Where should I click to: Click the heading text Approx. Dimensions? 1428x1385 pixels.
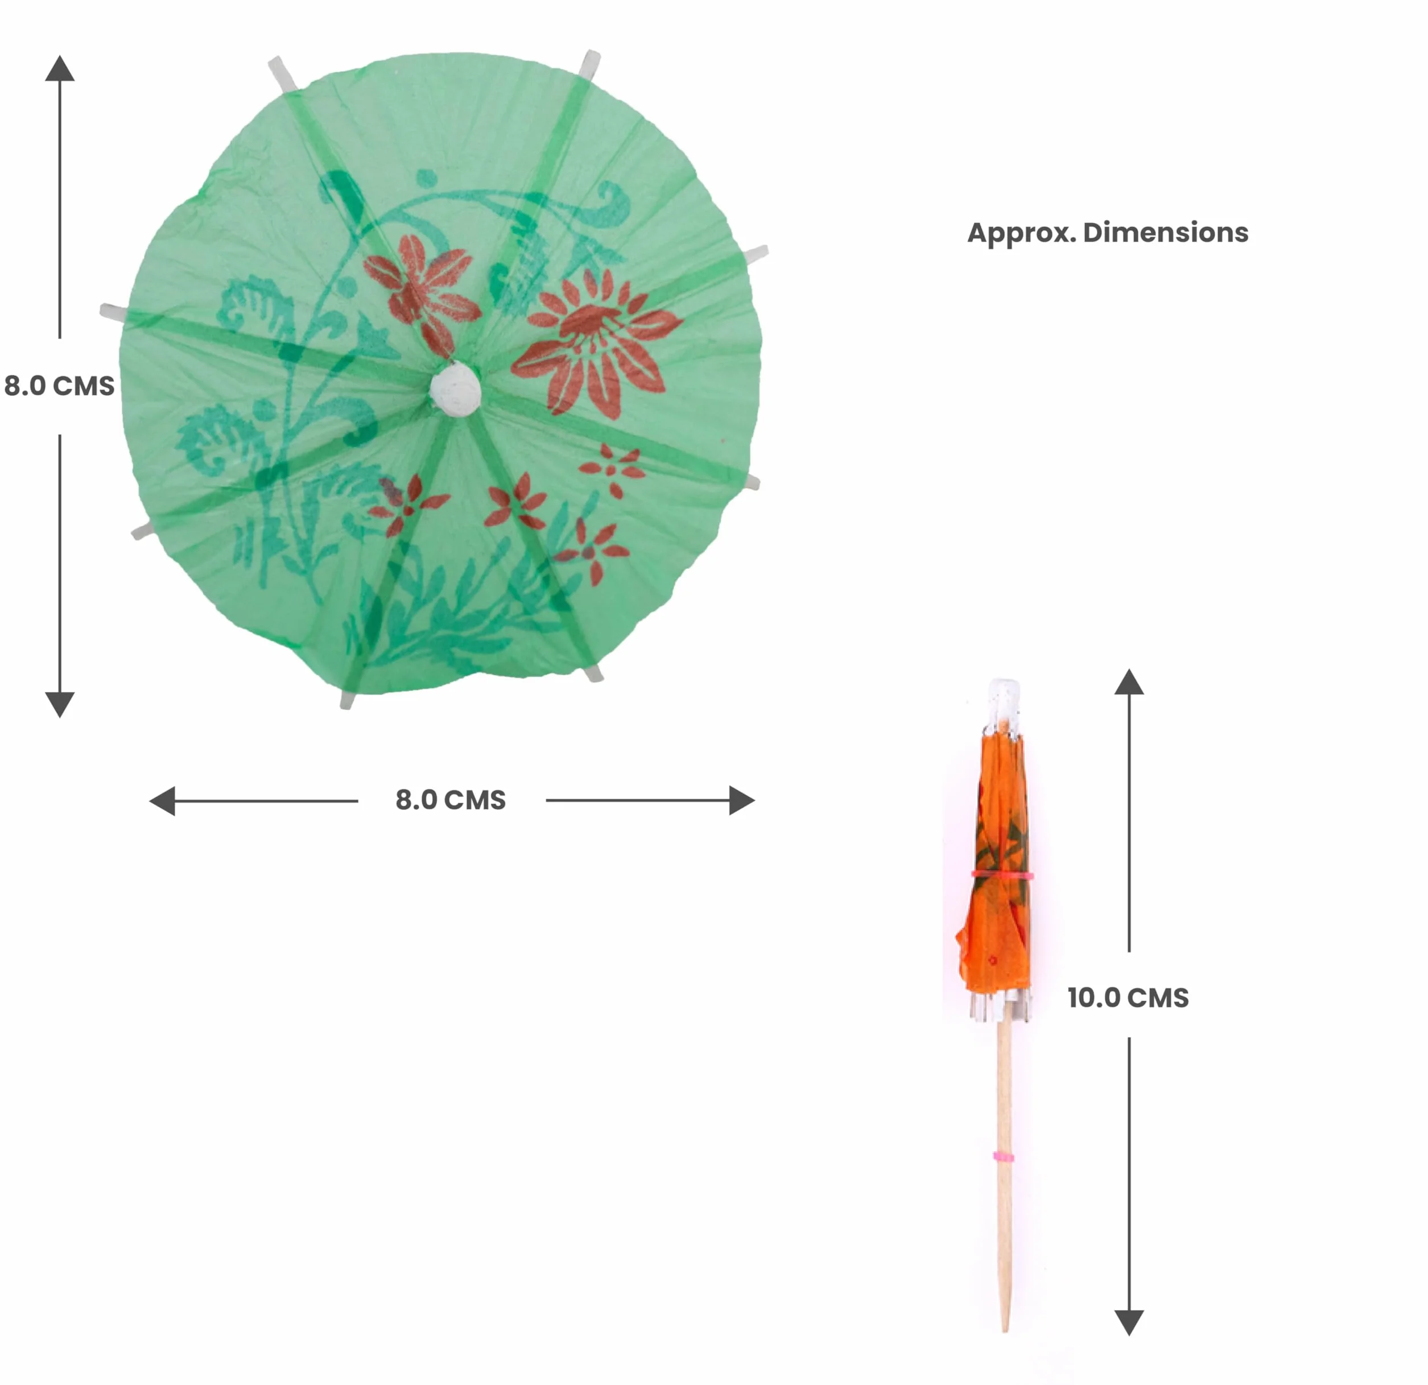pyautogui.click(x=1108, y=233)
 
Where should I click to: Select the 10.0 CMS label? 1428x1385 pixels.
pyautogui.click(x=1128, y=998)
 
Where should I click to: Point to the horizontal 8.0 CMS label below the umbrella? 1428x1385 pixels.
pyautogui.click(x=450, y=800)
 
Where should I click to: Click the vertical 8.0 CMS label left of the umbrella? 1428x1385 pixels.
pyautogui.click(x=59, y=386)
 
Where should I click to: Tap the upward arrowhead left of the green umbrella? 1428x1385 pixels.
pyautogui.click(x=60, y=68)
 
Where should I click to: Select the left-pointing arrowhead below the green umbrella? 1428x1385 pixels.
pyautogui.click(x=162, y=801)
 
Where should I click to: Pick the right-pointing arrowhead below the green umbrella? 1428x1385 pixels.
pyautogui.click(x=742, y=801)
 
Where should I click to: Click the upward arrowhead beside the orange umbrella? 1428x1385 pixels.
pyautogui.click(x=1129, y=681)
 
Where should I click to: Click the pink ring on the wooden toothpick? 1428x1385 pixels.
pyautogui.click(x=1003, y=1156)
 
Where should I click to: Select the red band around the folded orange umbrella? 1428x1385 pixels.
pyautogui.click(x=1002, y=874)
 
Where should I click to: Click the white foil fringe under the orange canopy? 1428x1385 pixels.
pyautogui.click(x=1000, y=1006)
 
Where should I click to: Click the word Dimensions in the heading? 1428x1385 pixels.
pyautogui.click(x=1166, y=233)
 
